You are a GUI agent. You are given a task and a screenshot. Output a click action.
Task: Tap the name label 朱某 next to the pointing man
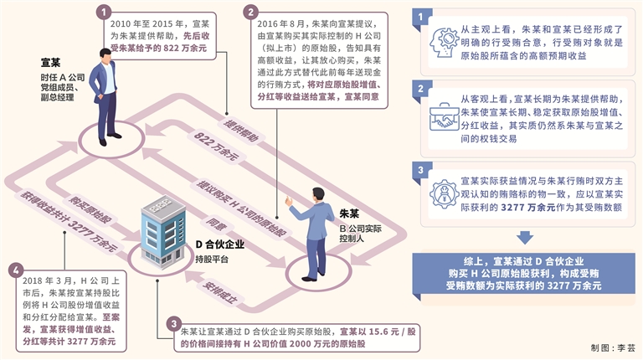coord(351,211)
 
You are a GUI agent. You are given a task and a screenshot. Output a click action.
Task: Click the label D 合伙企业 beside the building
coord(219,244)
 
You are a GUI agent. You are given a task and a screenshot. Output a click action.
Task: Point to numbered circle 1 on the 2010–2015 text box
coord(104,12)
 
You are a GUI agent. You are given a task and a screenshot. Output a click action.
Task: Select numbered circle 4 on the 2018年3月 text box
coord(14,270)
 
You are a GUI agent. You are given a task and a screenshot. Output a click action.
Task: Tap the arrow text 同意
coord(216,224)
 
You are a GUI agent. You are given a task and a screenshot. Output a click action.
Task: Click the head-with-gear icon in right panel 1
coord(440,42)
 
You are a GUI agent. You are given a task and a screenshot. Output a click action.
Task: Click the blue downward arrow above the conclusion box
coord(525,238)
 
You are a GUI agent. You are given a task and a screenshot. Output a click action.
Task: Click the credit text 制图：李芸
coord(614,347)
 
